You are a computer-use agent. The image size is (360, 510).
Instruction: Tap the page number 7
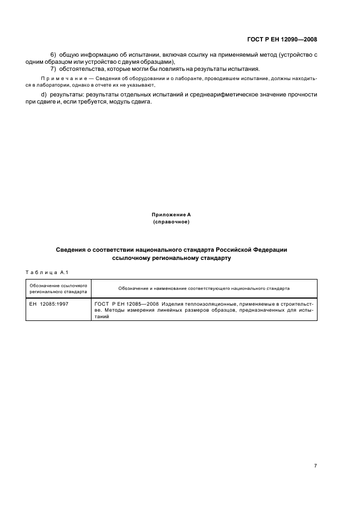(315, 465)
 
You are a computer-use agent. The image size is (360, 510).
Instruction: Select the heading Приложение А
(172, 215)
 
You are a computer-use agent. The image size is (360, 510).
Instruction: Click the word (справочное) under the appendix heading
(172, 222)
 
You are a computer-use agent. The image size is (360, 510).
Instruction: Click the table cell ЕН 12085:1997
(49, 303)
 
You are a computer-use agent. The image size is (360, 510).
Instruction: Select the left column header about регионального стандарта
(58, 288)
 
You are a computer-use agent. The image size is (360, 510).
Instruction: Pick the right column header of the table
(204, 288)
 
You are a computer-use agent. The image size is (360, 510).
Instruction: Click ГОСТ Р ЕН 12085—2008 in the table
(125, 303)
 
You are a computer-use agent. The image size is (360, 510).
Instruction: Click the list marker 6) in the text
(53, 55)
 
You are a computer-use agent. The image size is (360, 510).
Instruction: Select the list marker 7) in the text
(53, 69)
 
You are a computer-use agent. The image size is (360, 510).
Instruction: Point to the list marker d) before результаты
(53, 95)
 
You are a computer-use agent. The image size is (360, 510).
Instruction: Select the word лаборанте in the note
(155, 78)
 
